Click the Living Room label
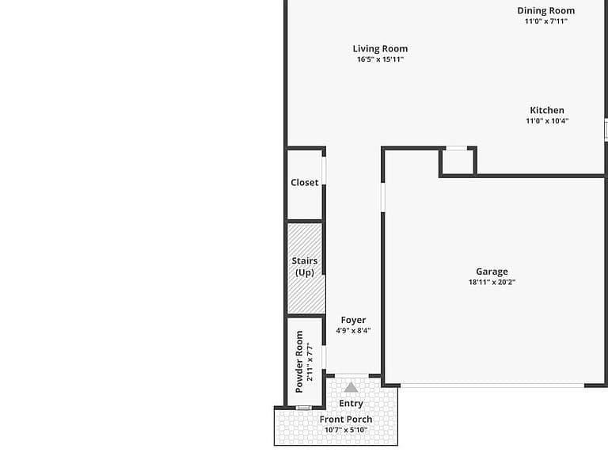point(380,49)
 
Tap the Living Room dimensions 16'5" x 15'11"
point(380,59)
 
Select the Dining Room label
point(546,11)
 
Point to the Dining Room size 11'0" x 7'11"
point(546,21)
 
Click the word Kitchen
point(547,110)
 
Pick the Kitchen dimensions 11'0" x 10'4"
point(547,121)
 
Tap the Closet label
point(304,183)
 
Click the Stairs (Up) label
point(305,267)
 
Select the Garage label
point(492,272)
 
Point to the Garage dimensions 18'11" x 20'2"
point(492,283)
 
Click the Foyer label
point(353,321)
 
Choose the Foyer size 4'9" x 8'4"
point(353,331)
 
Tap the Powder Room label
point(299,361)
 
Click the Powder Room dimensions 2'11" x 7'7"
point(310,361)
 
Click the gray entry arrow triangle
point(351,387)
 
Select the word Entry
point(351,404)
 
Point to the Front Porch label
point(346,420)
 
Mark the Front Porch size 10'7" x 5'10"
point(346,430)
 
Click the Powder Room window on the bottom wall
point(304,408)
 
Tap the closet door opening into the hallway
point(324,171)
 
